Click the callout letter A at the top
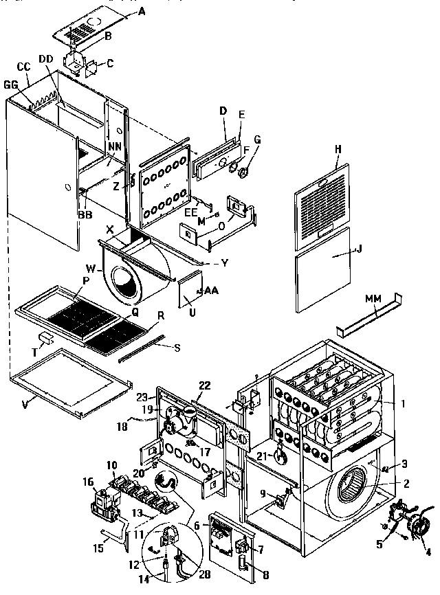pyautogui.click(x=142, y=11)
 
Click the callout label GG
pyautogui.click(x=10, y=85)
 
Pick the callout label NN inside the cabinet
pyautogui.click(x=113, y=146)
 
